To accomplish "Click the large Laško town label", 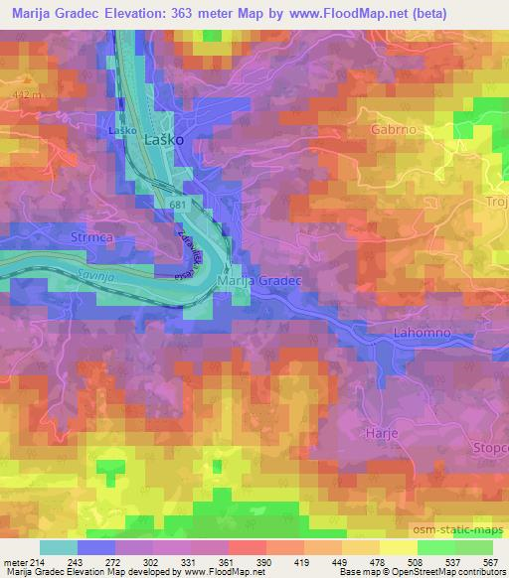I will click(x=165, y=141).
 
